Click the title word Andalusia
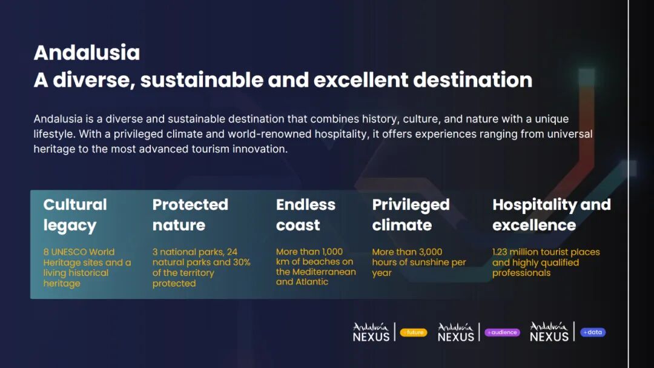(87, 53)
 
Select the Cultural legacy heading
(75, 215)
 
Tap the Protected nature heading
(190, 215)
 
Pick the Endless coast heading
(306, 215)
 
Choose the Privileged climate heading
(411, 215)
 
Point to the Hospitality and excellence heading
(552, 215)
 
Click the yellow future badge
(414, 332)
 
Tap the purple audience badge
(502, 332)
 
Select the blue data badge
(593, 332)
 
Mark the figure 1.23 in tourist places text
(500, 252)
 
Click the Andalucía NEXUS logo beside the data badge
(549, 332)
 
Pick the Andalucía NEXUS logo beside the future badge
(371, 332)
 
